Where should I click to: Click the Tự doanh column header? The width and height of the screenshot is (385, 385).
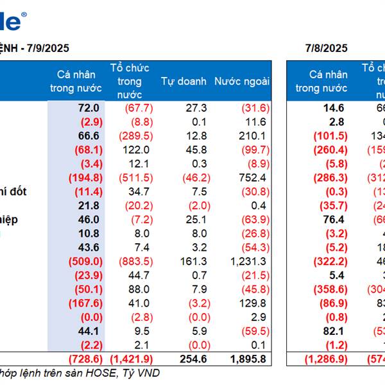pos(184,81)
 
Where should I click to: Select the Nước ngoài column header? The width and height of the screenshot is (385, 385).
pos(242,81)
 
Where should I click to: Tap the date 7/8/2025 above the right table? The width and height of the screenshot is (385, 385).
pos(327,48)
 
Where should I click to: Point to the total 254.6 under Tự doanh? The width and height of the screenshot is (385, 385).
pos(192,359)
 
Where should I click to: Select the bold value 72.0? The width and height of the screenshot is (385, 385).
pos(89,108)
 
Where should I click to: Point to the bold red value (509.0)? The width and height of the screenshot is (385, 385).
pos(84,261)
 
